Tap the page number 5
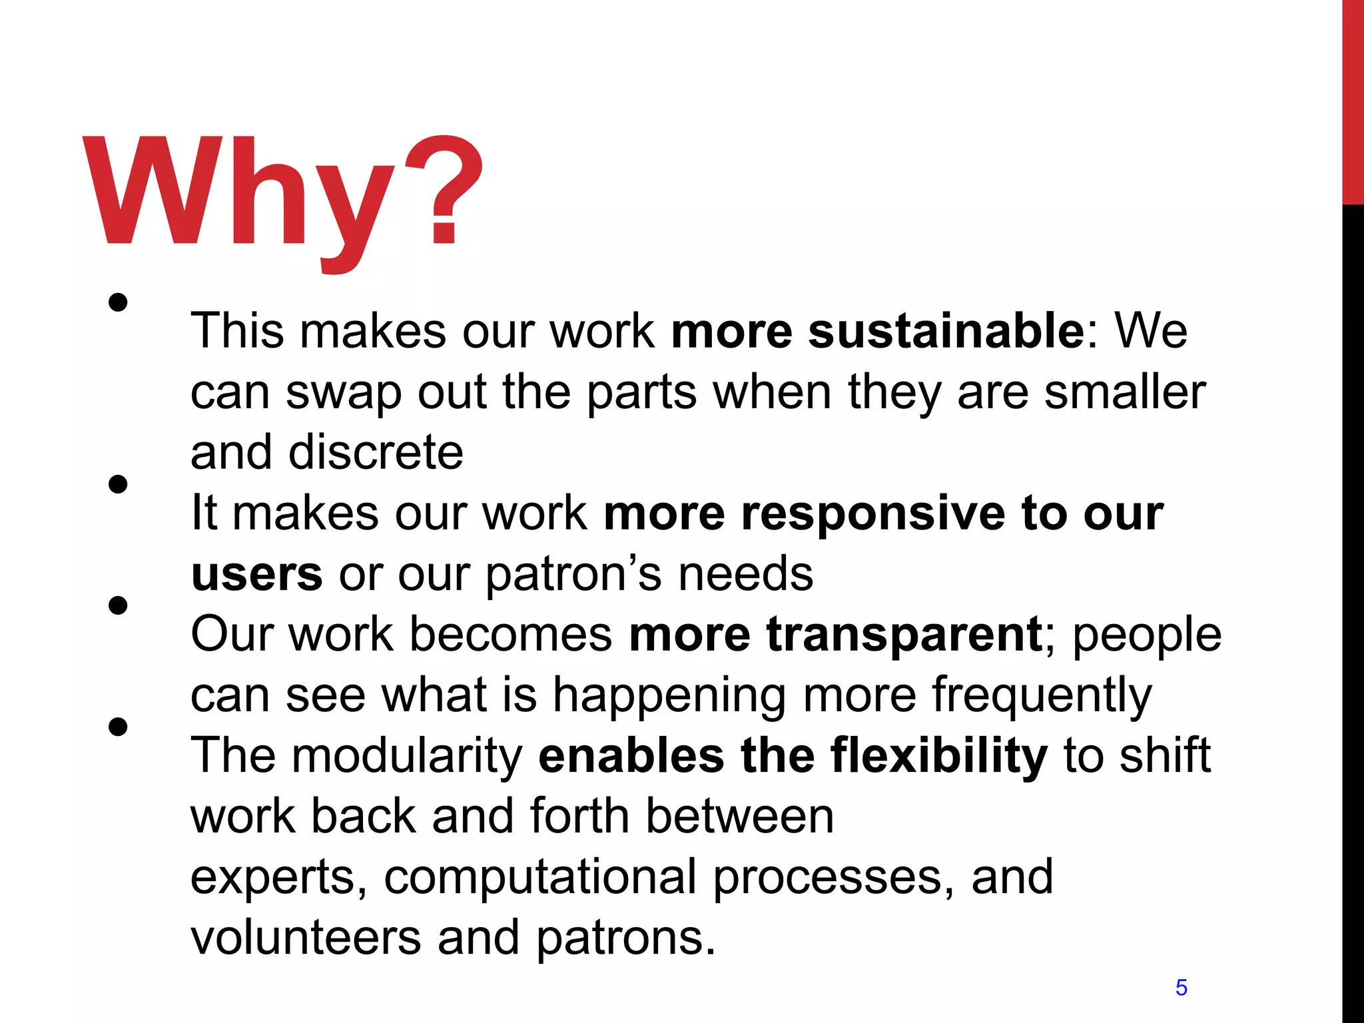click(1181, 987)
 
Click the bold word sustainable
click(946, 331)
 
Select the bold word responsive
click(873, 513)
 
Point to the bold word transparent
click(904, 634)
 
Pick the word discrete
click(376, 452)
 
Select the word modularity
click(407, 756)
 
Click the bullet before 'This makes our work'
click(118, 303)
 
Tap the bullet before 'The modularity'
click(118, 727)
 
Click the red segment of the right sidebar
click(1353, 100)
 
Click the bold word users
click(256, 575)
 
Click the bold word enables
click(631, 756)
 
